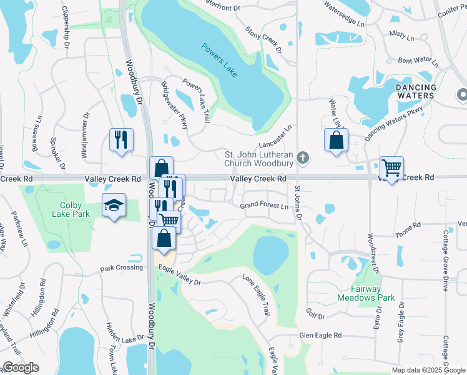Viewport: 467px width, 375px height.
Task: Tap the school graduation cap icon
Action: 114,206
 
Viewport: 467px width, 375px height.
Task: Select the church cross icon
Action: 303,157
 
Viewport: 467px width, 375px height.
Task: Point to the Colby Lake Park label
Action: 75,209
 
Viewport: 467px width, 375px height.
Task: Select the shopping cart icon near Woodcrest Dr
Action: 391,167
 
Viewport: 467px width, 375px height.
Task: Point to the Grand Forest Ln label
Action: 265,206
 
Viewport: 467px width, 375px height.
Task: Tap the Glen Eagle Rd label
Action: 320,335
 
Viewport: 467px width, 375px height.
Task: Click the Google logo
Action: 21,367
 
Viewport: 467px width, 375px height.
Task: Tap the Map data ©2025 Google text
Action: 428,370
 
